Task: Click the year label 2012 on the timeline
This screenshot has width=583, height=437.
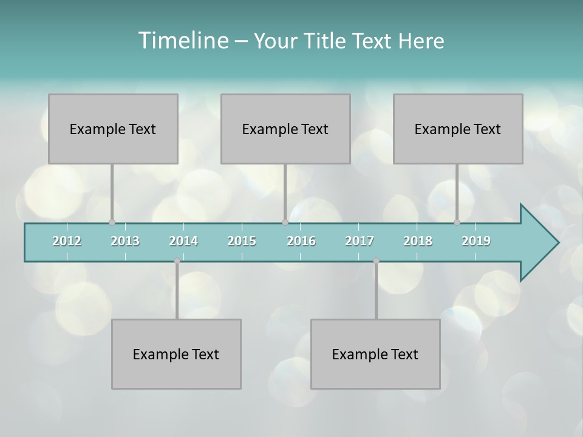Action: coord(67,241)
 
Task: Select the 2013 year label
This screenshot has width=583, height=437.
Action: coord(125,241)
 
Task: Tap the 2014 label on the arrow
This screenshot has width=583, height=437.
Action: coord(183,241)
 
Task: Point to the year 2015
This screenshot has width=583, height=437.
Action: coord(242,241)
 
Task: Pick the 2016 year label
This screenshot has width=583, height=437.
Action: coord(301,241)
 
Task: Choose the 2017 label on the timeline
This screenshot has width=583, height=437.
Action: coord(360,241)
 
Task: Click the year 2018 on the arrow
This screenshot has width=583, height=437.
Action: coord(418,241)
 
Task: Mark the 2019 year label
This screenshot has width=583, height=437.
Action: coord(476,241)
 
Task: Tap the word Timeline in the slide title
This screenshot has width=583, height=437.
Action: coord(182,41)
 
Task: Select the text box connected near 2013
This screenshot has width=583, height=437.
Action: coord(113,129)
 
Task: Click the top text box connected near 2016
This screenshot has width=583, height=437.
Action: coord(285,129)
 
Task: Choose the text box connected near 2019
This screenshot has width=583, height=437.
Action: coord(458,129)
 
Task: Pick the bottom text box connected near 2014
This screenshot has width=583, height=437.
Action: coord(176,354)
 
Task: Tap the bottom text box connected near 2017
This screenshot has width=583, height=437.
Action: coord(375,354)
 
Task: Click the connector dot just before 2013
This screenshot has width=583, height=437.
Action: coord(112,222)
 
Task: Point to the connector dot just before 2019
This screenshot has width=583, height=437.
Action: coord(457,222)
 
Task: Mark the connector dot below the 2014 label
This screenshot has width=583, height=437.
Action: coord(177,261)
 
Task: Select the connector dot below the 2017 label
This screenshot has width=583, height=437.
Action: coord(376,261)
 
